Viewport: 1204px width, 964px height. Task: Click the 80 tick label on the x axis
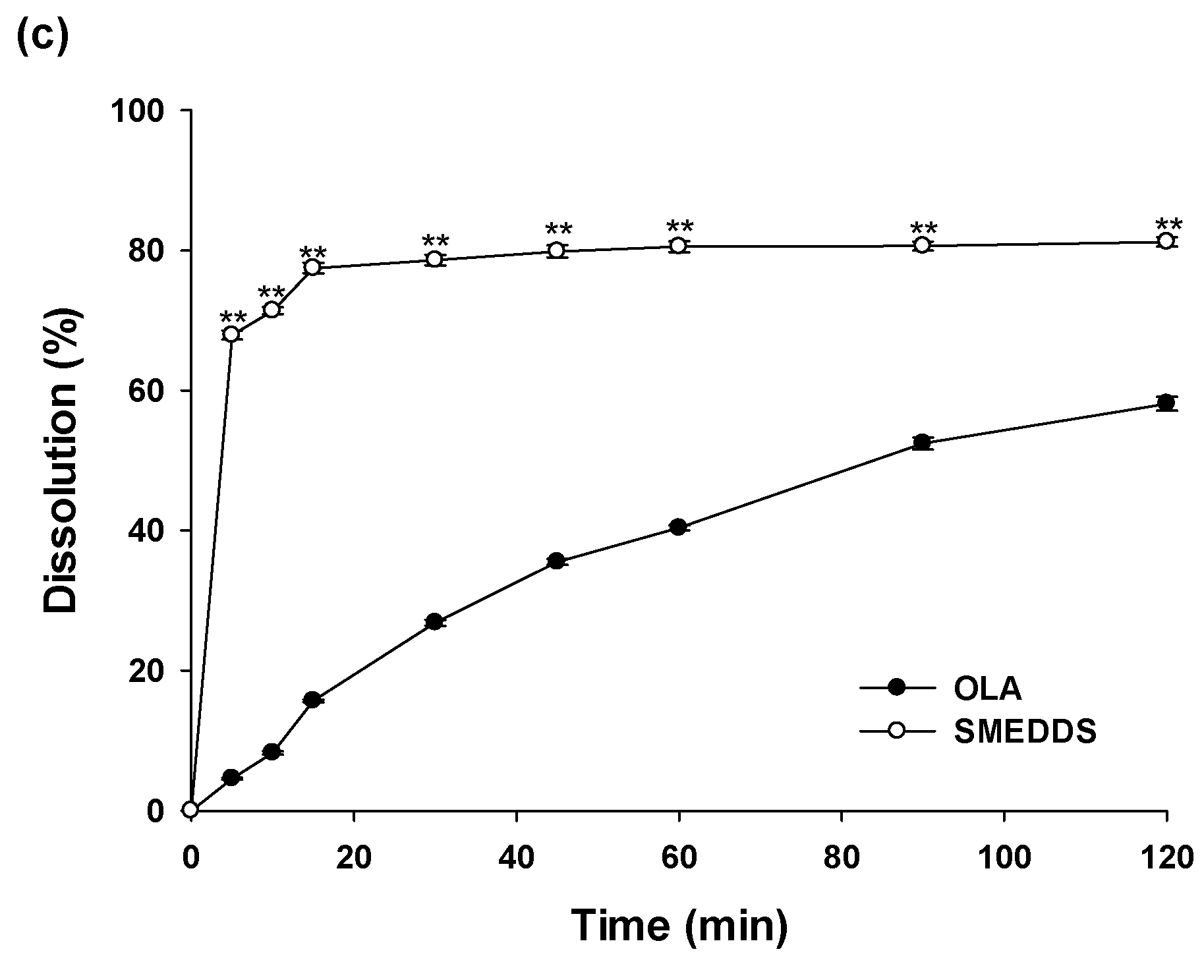point(842,859)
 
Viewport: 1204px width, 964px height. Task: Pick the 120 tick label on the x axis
point(1165,859)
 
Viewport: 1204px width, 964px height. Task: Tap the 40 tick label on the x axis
point(516,859)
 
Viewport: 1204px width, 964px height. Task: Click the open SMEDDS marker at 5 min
point(231,334)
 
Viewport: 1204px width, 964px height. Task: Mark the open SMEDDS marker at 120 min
point(1166,241)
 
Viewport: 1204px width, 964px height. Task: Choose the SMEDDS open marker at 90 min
point(922,245)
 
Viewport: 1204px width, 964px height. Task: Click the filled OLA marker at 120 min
point(1166,403)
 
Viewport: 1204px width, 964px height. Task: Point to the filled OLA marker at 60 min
point(678,526)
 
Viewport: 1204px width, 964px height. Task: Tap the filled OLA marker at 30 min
point(434,621)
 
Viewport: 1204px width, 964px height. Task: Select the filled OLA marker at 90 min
point(922,441)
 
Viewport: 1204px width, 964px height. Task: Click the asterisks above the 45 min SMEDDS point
point(558,229)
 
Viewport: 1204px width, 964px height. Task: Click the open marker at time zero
point(190,810)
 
